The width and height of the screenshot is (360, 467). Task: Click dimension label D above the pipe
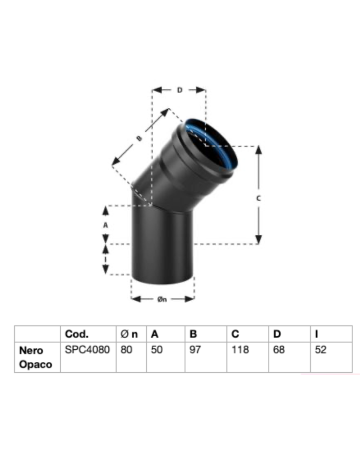[179, 90]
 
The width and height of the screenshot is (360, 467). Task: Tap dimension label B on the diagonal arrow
[139, 138]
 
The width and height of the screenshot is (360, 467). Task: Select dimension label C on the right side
[258, 198]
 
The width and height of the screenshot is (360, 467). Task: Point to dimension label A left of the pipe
[106, 225]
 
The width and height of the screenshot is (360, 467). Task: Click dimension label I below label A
[106, 259]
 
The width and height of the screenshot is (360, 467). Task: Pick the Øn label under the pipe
[162, 299]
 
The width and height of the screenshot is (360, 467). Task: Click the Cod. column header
[77, 334]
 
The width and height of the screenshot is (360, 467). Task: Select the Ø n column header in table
[129, 334]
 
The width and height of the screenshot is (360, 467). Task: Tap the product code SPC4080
[87, 350]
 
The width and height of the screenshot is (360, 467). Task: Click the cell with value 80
[126, 350]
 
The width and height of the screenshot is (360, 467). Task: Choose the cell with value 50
[156, 350]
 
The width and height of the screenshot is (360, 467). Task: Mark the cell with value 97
[195, 350]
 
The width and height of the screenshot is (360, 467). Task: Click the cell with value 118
[240, 350]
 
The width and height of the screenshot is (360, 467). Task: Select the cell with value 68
[279, 350]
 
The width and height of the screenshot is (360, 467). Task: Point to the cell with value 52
[320, 350]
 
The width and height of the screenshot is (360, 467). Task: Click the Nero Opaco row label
[32, 357]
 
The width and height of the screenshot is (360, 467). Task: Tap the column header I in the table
[317, 334]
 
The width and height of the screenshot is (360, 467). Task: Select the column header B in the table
[193, 334]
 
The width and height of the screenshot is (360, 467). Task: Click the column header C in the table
[235, 334]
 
